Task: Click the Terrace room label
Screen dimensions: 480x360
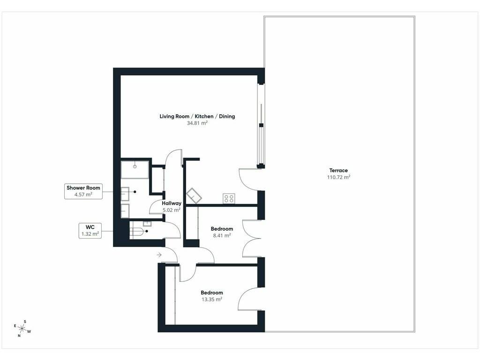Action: pyautogui.click(x=338, y=171)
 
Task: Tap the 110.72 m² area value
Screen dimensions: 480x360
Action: pyautogui.click(x=338, y=177)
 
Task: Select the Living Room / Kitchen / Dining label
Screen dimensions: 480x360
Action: pyautogui.click(x=197, y=116)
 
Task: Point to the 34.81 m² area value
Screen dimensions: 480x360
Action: pyautogui.click(x=197, y=123)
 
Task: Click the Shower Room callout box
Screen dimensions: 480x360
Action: pyautogui.click(x=83, y=191)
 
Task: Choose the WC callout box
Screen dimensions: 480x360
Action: pyautogui.click(x=90, y=231)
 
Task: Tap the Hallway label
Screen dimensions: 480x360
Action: pyautogui.click(x=172, y=203)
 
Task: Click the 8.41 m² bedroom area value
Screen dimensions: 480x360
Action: pyautogui.click(x=222, y=235)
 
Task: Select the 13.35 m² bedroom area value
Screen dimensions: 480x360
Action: pyautogui.click(x=211, y=300)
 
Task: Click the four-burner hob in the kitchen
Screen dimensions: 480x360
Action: pyautogui.click(x=229, y=198)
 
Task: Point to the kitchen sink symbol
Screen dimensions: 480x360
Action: pyautogui.click(x=194, y=195)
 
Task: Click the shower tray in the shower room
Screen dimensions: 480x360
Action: pyautogui.click(x=135, y=170)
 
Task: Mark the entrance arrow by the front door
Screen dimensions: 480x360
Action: pyautogui.click(x=159, y=255)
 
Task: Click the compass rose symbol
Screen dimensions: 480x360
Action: pyautogui.click(x=22, y=329)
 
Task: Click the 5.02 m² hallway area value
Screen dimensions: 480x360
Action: pyautogui.click(x=172, y=210)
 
